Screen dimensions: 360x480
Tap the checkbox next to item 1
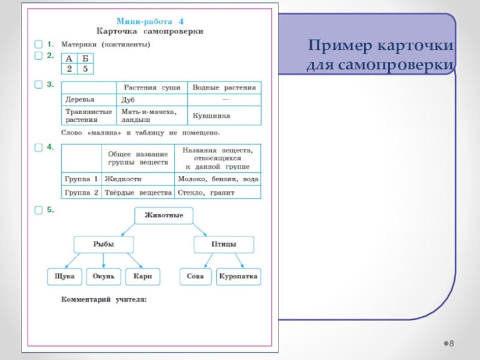(x=38, y=44)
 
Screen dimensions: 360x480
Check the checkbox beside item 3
(x=38, y=84)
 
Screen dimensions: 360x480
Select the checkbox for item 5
(x=38, y=210)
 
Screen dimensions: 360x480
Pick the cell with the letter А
(x=69, y=58)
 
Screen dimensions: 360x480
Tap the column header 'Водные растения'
(x=224, y=88)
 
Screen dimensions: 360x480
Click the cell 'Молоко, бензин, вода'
(x=218, y=179)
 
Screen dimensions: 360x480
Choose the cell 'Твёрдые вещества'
(x=138, y=193)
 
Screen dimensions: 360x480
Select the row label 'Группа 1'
(x=81, y=179)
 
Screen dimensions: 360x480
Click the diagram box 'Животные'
(x=164, y=215)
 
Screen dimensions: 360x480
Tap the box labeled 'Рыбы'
(x=104, y=245)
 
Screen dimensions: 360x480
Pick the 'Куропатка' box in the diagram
(x=238, y=277)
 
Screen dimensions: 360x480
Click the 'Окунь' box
(x=104, y=277)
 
